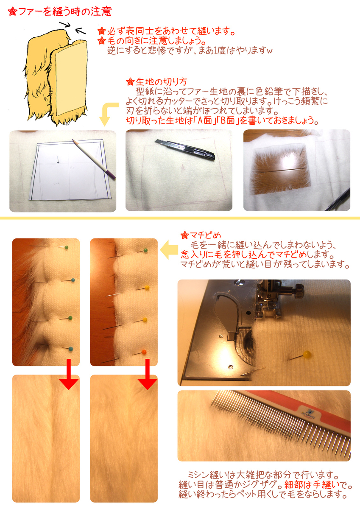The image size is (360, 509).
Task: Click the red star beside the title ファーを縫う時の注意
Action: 12,12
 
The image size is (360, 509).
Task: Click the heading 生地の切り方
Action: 162,81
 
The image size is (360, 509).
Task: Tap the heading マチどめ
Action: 205,235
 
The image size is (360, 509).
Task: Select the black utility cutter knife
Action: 185,149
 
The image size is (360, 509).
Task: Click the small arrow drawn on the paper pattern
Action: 58,159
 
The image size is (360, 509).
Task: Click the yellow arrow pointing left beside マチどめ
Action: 169,249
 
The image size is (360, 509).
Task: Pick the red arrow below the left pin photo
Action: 69,374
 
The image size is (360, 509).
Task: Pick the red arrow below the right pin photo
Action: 148,374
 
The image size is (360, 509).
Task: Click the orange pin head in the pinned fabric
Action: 144,352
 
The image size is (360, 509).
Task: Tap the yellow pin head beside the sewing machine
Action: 307,354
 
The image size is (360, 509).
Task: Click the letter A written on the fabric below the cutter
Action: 183,168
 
